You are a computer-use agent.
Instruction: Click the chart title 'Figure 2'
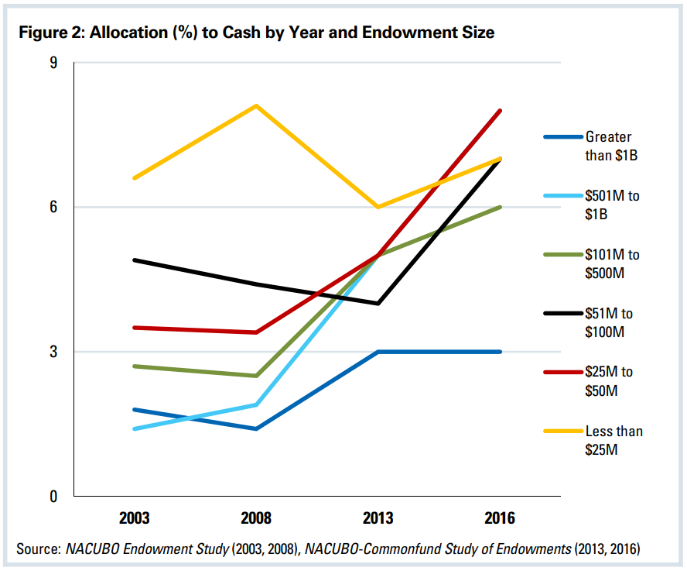click(255, 33)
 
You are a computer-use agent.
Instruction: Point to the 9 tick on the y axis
click(54, 63)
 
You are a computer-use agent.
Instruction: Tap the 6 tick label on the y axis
click(54, 207)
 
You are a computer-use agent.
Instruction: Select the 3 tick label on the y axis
click(54, 352)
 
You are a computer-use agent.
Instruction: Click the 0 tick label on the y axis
click(54, 497)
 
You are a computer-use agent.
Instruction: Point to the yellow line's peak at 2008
click(256, 105)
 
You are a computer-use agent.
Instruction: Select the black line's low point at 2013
click(378, 304)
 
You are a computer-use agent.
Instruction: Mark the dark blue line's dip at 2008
click(256, 428)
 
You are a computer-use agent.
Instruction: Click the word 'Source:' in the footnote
click(39, 549)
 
